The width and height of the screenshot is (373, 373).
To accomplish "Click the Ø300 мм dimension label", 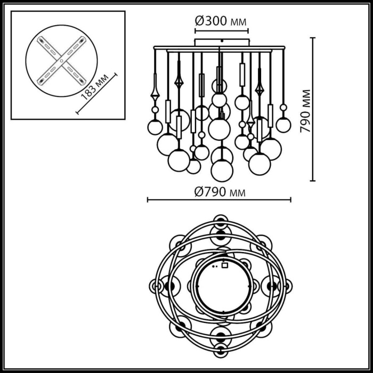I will tap(221, 21).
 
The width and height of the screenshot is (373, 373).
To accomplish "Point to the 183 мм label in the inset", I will tap(95, 87).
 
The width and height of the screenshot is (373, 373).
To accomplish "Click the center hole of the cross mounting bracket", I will tap(61, 61).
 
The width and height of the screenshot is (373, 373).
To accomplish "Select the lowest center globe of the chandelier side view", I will tap(222, 171).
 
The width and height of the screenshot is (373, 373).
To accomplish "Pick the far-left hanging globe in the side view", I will tap(155, 127).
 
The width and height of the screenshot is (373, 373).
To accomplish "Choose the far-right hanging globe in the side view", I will tap(283, 125).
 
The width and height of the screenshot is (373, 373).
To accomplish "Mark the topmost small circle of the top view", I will tap(221, 220).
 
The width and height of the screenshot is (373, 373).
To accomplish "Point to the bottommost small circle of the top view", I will tap(221, 350).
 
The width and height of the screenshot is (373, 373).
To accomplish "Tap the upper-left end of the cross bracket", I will tap(40, 39).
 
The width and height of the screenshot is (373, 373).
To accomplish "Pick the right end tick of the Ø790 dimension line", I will tap(291, 200).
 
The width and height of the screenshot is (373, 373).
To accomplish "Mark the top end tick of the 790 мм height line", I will tap(313, 38).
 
